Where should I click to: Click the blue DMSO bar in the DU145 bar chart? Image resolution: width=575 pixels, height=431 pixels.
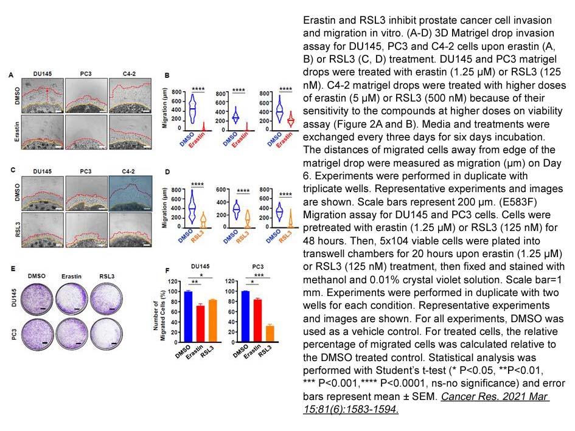(188, 317)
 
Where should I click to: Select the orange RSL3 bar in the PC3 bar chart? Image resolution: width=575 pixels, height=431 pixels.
(270, 334)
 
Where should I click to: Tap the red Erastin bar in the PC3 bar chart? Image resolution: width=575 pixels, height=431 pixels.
(258, 321)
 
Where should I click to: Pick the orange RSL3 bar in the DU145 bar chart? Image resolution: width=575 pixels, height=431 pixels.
(213, 321)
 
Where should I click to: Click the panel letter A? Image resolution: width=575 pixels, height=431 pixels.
(11, 75)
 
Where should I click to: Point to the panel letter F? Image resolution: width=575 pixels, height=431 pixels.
(167, 271)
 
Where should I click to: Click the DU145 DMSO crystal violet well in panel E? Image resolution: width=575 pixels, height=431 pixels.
(37, 299)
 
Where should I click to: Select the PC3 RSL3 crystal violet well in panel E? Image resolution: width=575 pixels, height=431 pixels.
(106, 334)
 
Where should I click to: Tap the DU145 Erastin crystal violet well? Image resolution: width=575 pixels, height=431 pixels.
(72, 299)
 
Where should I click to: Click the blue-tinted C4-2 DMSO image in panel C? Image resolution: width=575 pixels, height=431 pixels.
(130, 193)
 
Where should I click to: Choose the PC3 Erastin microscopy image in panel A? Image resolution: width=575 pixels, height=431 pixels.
(86, 133)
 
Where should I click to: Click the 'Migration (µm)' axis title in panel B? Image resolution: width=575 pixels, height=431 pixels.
(164, 108)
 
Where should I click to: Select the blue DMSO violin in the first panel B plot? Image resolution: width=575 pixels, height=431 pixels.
(192, 109)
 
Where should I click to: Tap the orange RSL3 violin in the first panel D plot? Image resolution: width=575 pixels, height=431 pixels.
(203, 220)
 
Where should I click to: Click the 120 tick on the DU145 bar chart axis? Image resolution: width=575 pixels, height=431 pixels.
(173, 281)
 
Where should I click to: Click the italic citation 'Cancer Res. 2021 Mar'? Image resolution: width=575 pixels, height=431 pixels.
(495, 396)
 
